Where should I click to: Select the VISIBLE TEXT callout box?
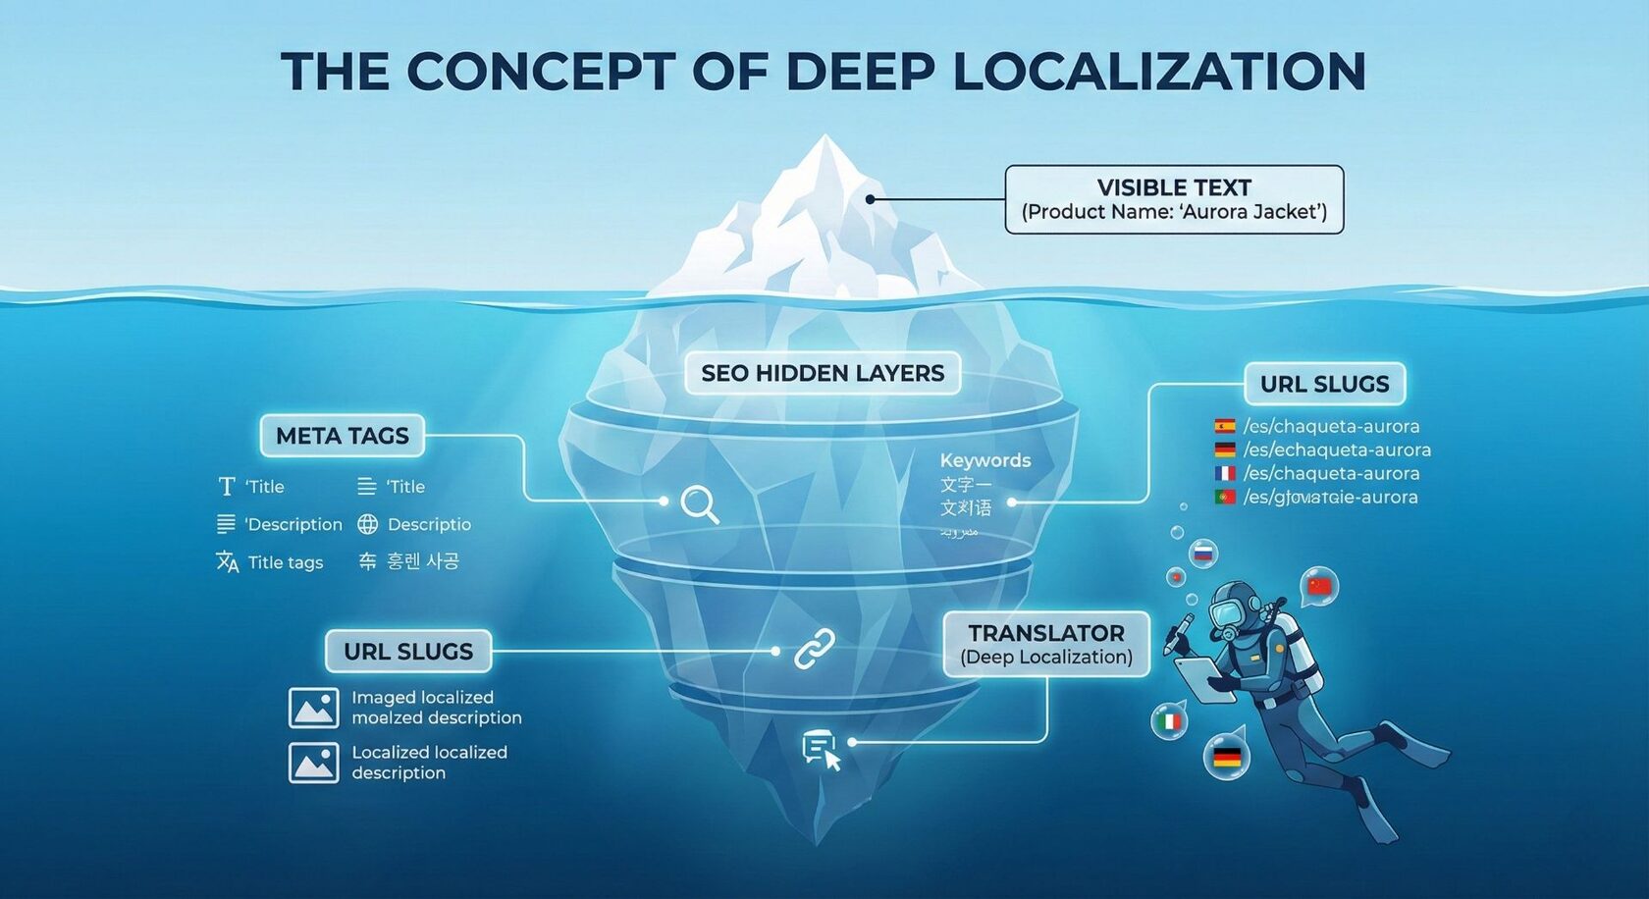(1174, 199)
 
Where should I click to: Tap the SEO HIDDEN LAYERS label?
(823, 373)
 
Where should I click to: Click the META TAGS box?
(342, 436)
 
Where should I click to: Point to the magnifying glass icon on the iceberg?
(700, 504)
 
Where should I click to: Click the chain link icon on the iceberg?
(814, 650)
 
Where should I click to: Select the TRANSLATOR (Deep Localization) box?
(1046, 644)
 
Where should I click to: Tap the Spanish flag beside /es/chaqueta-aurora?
(1225, 426)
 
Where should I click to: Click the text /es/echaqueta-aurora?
(1337, 449)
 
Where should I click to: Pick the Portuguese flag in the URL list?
(1225, 497)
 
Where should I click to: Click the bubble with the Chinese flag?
(1319, 586)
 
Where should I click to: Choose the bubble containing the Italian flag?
(1169, 722)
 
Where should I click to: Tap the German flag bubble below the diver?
(1227, 757)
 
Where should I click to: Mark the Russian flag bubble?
(1203, 554)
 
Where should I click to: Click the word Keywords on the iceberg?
(984, 460)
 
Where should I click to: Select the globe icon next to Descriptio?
(367, 524)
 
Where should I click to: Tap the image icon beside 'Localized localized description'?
(313, 763)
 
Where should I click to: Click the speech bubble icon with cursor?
(821, 750)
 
